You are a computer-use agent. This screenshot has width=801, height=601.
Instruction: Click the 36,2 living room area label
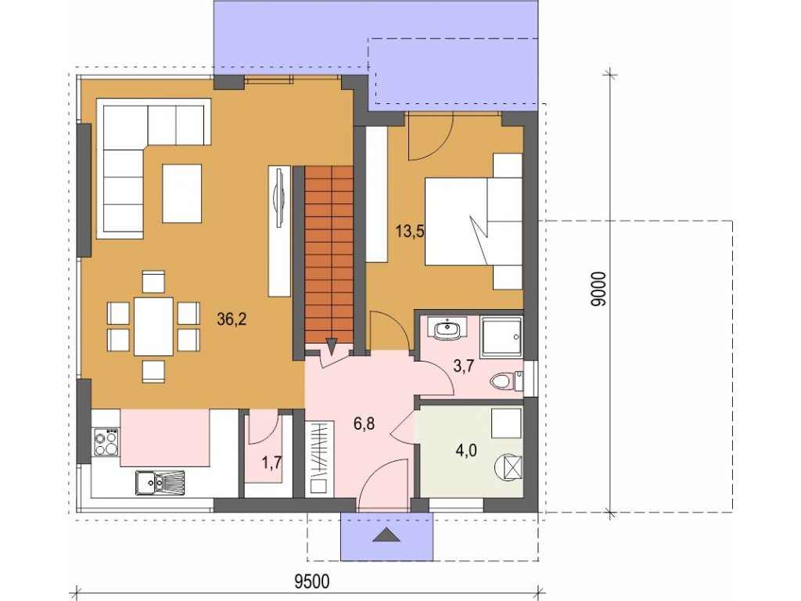pyautogui.click(x=232, y=319)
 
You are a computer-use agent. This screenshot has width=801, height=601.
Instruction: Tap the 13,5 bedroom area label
pyautogui.click(x=410, y=232)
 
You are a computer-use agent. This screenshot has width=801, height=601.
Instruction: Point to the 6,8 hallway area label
pyautogui.click(x=364, y=423)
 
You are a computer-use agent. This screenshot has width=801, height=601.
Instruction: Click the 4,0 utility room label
pyautogui.click(x=466, y=451)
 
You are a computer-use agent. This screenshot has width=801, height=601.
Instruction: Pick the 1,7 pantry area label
pyautogui.click(x=271, y=463)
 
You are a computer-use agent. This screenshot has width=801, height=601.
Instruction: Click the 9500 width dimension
pyautogui.click(x=313, y=581)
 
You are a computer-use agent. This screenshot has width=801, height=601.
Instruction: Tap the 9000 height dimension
pyautogui.click(x=598, y=289)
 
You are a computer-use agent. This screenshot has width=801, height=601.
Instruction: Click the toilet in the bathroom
pyautogui.click(x=506, y=381)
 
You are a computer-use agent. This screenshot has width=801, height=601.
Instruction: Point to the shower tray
pyautogui.click(x=502, y=337)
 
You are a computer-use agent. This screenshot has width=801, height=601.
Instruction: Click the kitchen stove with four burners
pyautogui.click(x=106, y=442)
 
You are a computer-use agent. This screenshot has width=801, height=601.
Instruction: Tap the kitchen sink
pyautogui.click(x=160, y=483)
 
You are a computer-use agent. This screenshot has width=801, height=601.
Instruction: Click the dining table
pyautogui.click(x=153, y=326)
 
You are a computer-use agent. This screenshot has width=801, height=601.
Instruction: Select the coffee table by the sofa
pyautogui.click(x=181, y=193)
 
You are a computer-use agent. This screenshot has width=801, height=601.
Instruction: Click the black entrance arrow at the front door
pyautogui.click(x=386, y=534)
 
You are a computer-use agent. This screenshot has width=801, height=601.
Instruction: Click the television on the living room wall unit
pyautogui.click(x=279, y=197)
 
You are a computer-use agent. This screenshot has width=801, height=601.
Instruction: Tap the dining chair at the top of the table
pyautogui.click(x=153, y=282)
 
